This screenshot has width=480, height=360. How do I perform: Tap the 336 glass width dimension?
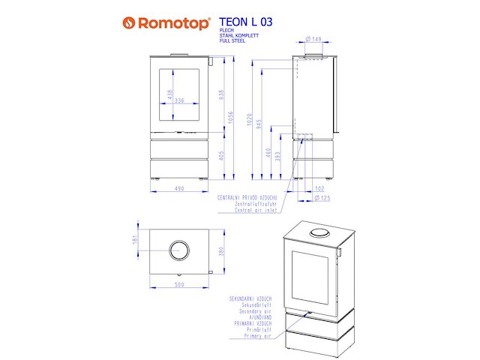coord(178,100)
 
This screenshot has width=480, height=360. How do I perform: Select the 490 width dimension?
coord(178,189)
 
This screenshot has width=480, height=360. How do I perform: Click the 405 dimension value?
coord(221,155)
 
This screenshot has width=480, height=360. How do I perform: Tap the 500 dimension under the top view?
coord(178,285)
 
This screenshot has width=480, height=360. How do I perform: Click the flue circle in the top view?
coord(178,250)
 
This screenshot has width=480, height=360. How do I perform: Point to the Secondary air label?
coord(251,310)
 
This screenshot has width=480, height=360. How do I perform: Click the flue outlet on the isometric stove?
coord(319,232)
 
